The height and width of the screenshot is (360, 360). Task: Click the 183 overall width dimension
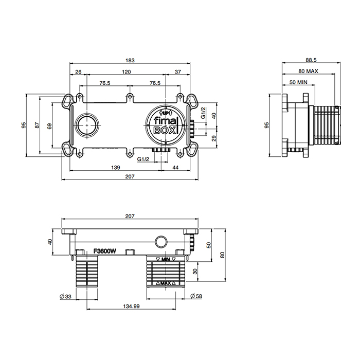[130, 60]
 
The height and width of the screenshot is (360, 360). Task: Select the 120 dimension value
[127, 72]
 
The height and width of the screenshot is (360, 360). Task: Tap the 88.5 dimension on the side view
[311, 60]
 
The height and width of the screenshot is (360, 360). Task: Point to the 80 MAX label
[308, 71]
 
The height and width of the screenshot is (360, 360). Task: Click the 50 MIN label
[298, 82]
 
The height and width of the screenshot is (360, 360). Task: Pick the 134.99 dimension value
[131, 307]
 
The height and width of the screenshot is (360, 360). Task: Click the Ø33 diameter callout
[66, 297]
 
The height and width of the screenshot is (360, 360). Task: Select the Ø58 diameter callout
[196, 296]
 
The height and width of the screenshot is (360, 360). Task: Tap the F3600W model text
[105, 251]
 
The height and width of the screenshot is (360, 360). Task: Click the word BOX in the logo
[165, 131]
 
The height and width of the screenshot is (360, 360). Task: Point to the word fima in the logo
[165, 121]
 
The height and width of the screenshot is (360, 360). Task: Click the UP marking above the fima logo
[165, 113]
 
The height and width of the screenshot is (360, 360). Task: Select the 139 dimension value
[116, 168]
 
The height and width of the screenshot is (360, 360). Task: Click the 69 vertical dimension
[49, 126]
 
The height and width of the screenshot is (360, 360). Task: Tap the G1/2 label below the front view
[143, 159]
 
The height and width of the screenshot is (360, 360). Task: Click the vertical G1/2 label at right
[204, 113]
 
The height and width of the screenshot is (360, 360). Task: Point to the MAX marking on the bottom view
[166, 283]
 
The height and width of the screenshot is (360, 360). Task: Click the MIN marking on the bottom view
[166, 259]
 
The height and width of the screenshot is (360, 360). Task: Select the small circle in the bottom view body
[161, 242]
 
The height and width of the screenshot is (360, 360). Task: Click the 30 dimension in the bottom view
[195, 272]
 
